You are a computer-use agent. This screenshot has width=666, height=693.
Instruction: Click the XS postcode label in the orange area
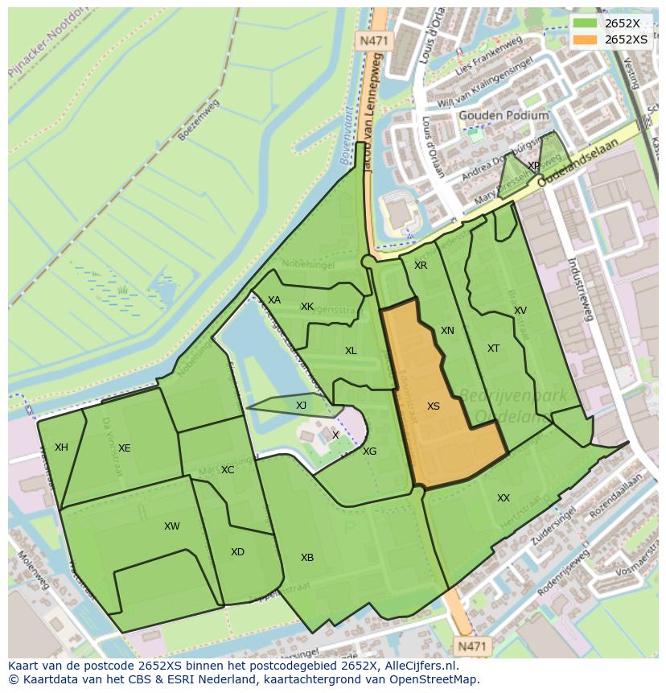pos(434,406)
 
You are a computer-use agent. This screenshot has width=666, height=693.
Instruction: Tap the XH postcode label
pos(61,448)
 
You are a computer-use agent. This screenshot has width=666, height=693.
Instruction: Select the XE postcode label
pos(124,448)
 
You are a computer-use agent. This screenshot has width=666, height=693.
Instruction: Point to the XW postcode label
pos(171,526)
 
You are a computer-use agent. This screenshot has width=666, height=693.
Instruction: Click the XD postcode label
pos(237,552)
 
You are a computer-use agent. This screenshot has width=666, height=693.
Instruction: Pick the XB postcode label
pos(307,558)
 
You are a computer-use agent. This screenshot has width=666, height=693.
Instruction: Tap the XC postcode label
pos(228,469)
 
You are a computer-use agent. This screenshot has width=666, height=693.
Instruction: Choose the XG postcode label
pos(369,452)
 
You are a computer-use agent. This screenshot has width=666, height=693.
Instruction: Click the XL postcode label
pos(351,351)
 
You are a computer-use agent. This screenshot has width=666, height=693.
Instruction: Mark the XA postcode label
pos(274,300)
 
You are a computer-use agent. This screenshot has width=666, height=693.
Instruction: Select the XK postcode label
pos(307,307)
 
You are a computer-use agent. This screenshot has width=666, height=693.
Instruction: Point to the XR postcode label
pos(421,266)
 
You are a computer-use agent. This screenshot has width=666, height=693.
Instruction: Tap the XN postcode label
pos(447,331)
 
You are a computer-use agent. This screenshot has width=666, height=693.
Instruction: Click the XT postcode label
pos(493,349)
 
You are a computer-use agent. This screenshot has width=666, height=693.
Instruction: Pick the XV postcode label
pos(520,311)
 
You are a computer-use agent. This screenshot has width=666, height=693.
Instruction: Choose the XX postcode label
pos(504,498)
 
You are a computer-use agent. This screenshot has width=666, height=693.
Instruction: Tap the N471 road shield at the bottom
pos(472,646)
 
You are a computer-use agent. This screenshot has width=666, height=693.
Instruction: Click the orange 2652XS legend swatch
pos(585,39)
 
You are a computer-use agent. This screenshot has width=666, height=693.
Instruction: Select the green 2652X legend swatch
pos(585,23)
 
